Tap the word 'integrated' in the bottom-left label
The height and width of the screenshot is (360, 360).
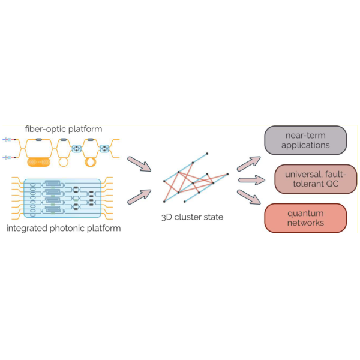29,228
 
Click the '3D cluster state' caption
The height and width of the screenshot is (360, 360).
193,217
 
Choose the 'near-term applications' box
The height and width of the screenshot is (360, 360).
305,140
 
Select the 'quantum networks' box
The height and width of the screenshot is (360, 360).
305,218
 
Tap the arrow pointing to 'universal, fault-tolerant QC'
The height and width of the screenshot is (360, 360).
251,179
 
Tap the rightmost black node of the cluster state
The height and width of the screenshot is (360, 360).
227,173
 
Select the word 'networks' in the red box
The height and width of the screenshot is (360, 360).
305,223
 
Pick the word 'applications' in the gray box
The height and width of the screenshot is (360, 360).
305,145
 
